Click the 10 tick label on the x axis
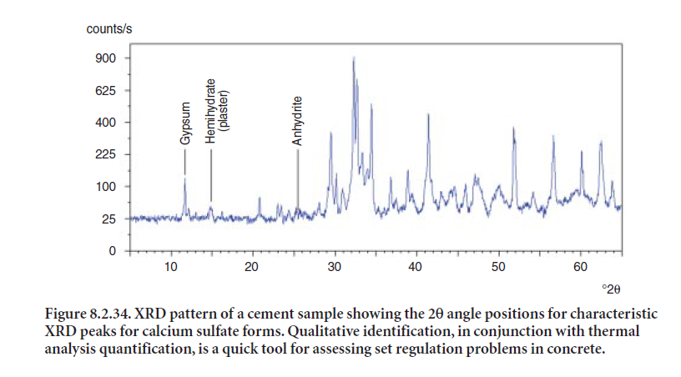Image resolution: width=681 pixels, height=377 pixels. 170,267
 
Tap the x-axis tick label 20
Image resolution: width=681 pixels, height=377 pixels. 252,267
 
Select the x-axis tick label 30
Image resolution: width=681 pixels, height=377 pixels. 335,267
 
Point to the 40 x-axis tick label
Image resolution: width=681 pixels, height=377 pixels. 416,267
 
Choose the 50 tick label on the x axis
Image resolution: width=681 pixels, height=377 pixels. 498,267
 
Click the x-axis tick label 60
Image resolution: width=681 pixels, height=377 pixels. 581,267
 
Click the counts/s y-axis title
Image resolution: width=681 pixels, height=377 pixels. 108,29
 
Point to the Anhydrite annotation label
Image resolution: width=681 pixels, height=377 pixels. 297,120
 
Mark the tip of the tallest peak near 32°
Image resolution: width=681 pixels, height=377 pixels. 354,57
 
